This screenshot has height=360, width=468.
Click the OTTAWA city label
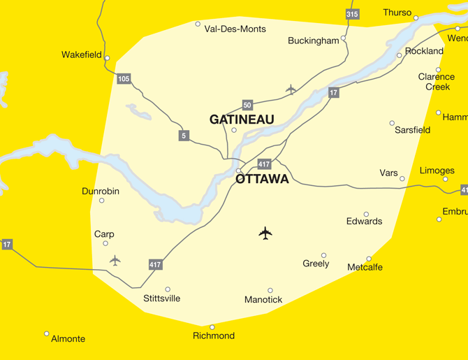[262, 179]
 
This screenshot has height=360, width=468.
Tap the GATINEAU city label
[242, 120]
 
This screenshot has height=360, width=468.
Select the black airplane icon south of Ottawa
[265, 233]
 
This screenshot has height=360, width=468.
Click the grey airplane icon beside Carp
[115, 260]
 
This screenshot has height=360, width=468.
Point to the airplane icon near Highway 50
[291, 89]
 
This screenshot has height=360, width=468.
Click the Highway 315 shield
[352, 14]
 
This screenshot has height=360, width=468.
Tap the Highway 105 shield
[124, 79]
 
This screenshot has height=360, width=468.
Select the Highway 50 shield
[247, 105]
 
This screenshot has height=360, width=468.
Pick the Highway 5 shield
[184, 136]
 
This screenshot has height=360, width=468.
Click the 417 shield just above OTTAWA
[264, 164]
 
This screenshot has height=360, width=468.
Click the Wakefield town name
[82, 55]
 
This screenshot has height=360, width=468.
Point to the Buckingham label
[313, 41]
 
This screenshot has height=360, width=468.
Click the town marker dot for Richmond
[212, 327]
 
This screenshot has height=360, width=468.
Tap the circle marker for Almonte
[47, 333]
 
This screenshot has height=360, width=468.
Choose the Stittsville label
[161, 298]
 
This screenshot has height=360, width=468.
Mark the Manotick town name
[263, 300]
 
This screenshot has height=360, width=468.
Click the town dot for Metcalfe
[370, 259]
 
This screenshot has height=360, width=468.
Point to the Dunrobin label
[101, 191]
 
